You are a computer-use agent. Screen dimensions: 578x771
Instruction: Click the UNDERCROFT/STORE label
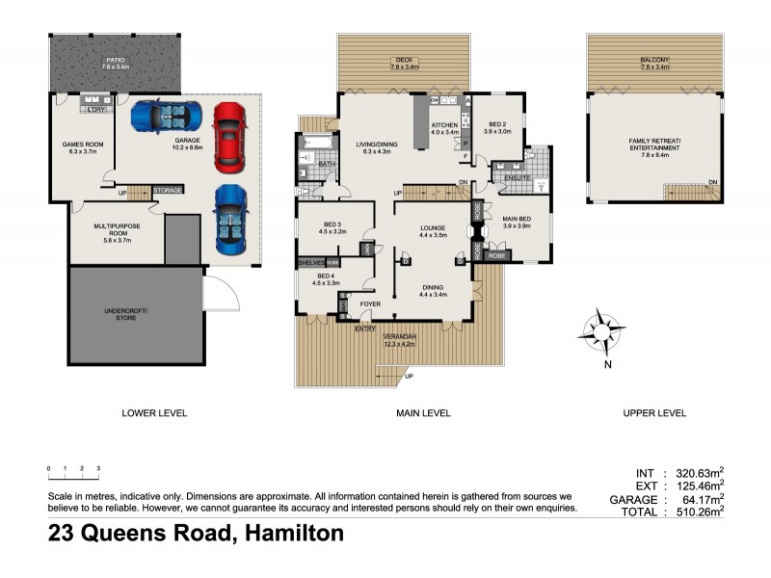(134, 316)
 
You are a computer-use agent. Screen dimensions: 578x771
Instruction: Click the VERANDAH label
(398, 338)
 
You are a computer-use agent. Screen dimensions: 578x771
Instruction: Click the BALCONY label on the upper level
(654, 63)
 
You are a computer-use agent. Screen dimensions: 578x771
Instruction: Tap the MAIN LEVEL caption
(424, 413)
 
